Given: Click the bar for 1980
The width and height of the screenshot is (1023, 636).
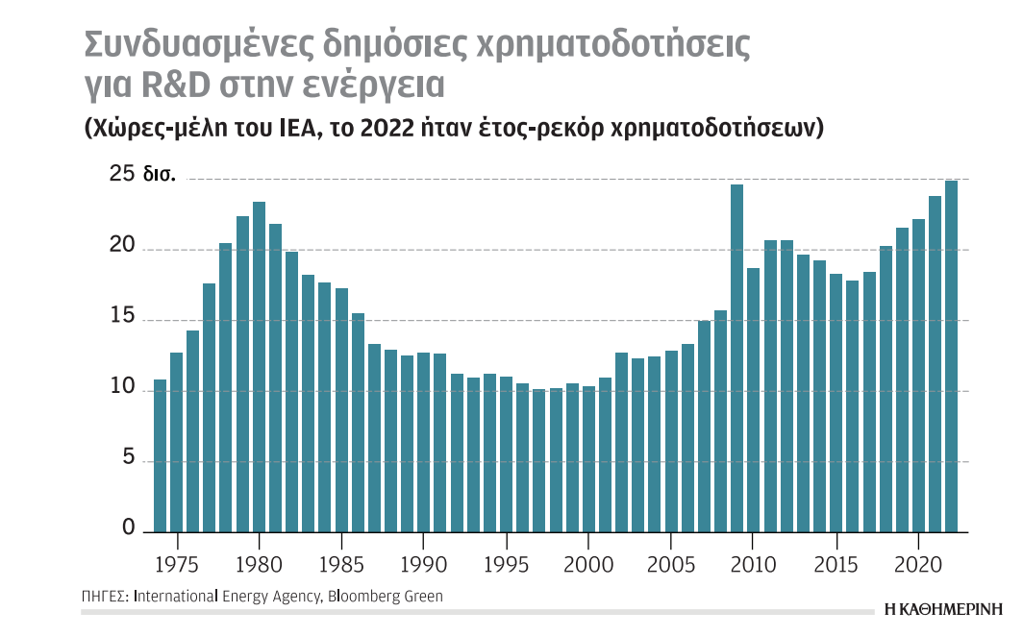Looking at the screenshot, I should pyautogui.click(x=259, y=367).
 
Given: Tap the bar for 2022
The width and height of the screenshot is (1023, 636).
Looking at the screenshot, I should pyautogui.click(x=951, y=356).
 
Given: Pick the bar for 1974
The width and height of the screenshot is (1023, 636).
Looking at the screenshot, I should pyautogui.click(x=161, y=455).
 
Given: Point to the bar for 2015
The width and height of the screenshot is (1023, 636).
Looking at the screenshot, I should pyautogui.click(x=836, y=403).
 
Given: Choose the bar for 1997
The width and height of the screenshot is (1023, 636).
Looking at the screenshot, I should pyautogui.click(x=539, y=460).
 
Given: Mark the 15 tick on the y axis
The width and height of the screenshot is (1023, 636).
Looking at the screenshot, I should pyautogui.click(x=123, y=317).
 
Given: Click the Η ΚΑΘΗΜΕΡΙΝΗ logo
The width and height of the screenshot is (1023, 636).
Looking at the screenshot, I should pyautogui.click(x=942, y=608).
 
